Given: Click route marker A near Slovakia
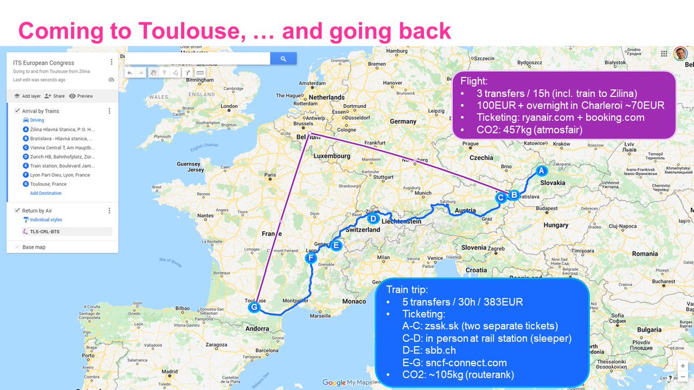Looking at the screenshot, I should tap(541, 171).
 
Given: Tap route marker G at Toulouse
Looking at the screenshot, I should tap(254, 307).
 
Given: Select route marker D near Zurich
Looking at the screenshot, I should tap(373, 219).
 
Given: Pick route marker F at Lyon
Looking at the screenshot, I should tap(311, 258).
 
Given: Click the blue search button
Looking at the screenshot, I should tap(283, 58).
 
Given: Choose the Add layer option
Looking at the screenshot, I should tap(28, 96).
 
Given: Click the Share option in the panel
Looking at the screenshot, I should tap(55, 96).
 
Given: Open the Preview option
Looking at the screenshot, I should tap(81, 96).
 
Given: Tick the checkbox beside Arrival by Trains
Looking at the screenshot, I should tap(17, 111).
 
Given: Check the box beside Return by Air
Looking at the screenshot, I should tap(17, 211).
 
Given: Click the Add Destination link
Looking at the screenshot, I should tap(46, 193).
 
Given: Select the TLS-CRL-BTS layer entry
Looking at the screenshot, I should tap(45, 231).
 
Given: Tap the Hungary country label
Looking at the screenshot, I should tap(556, 225).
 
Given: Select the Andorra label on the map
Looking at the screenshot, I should tap(257, 329).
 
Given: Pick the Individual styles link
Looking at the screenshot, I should tap(46, 220).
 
